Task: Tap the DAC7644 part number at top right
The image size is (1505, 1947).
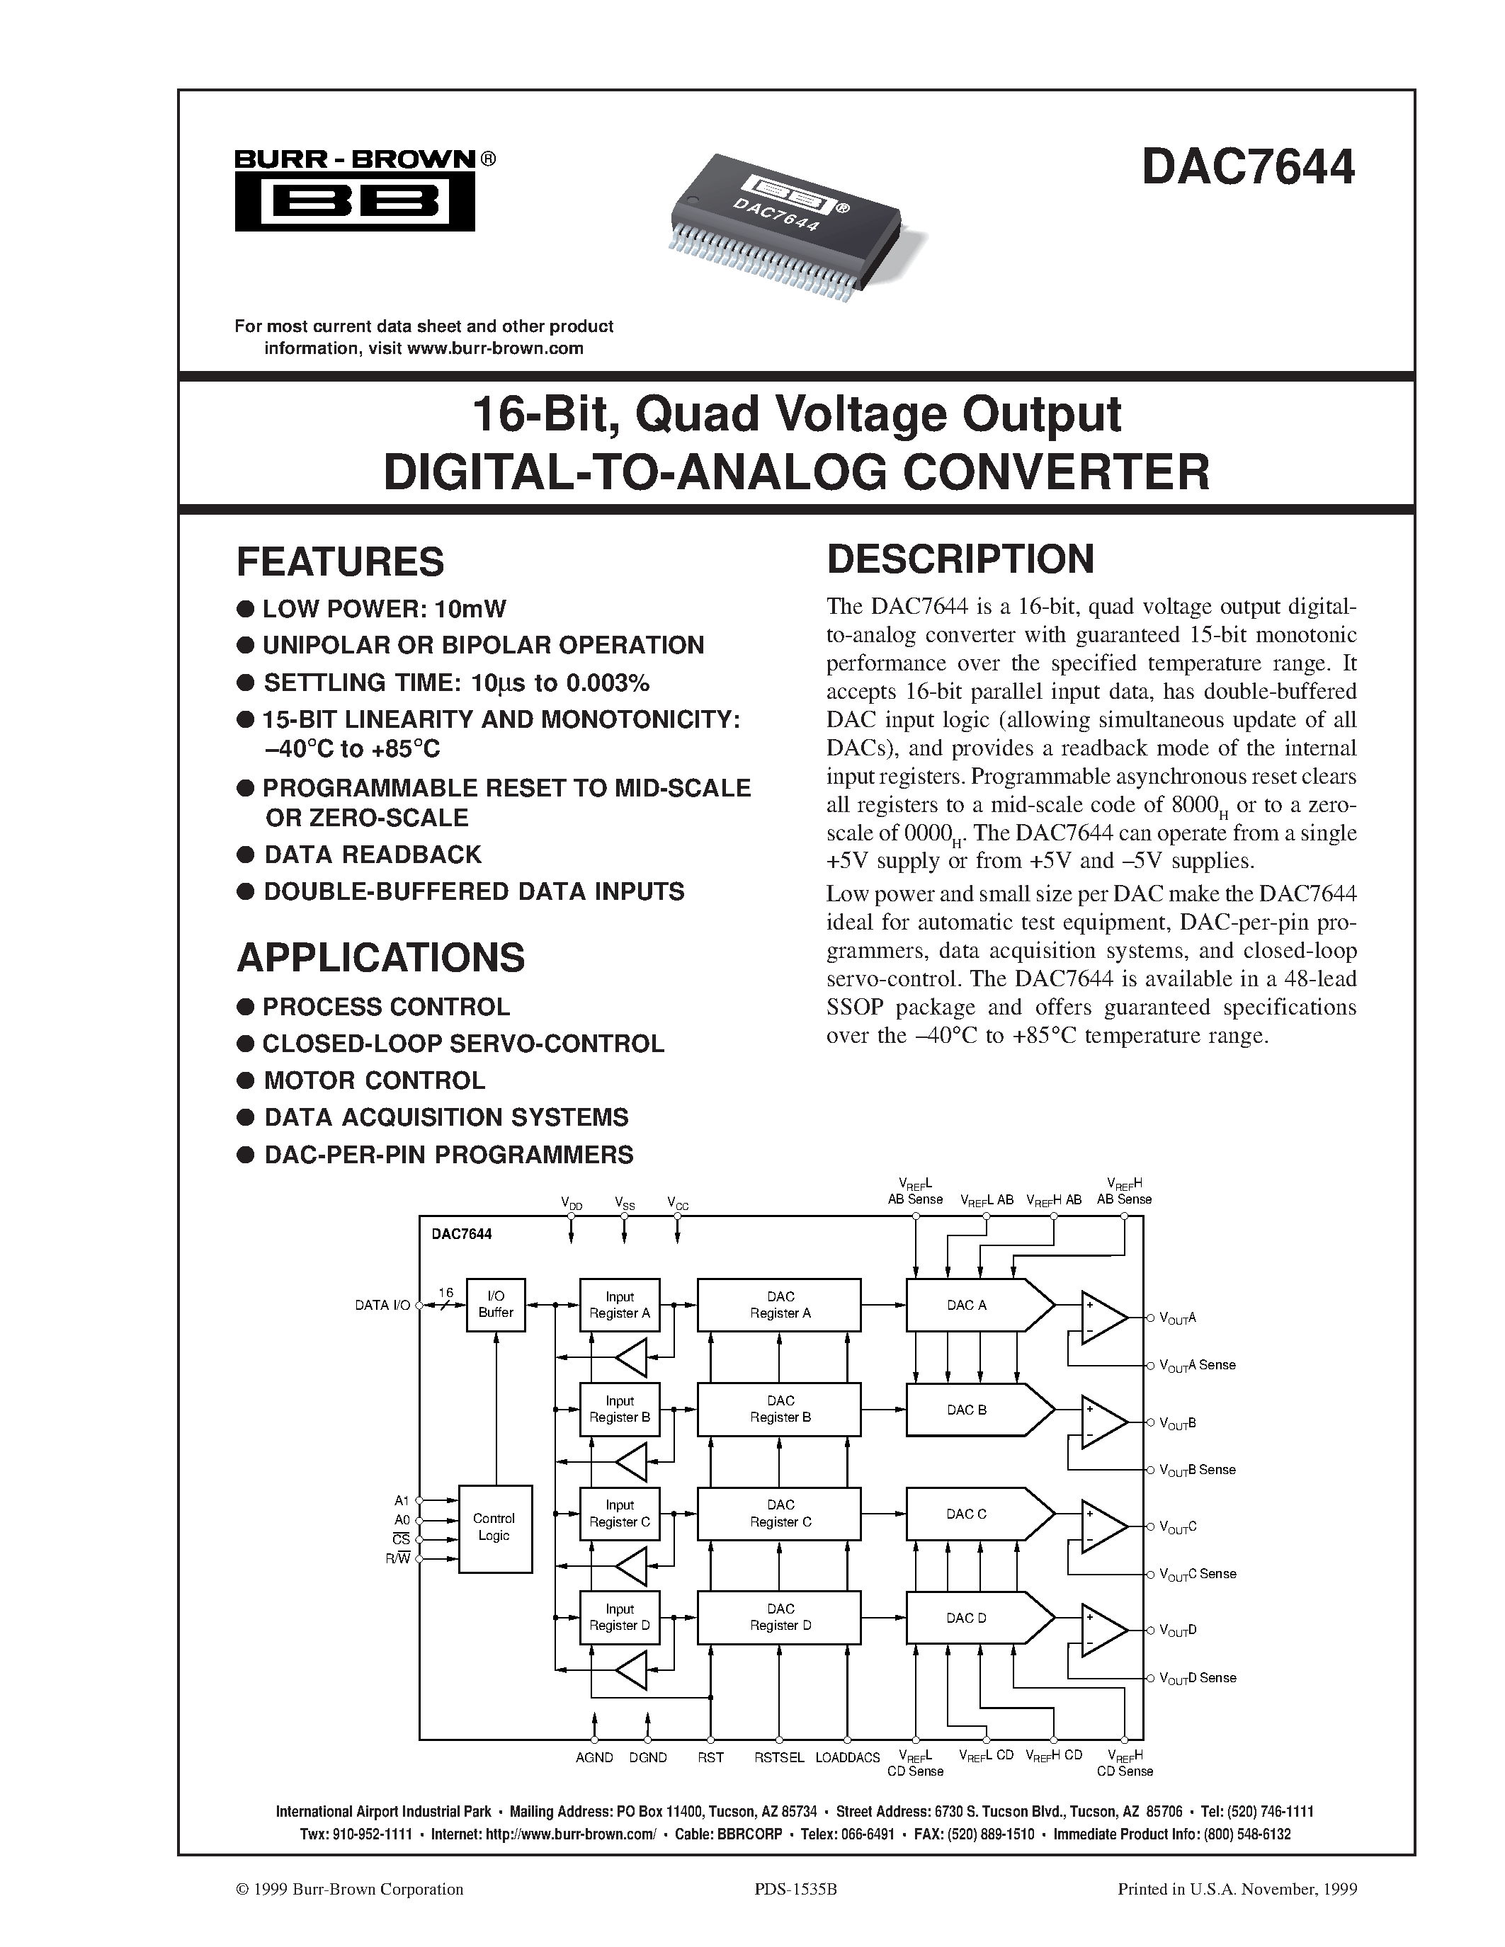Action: (1247, 166)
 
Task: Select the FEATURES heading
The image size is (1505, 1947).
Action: (340, 561)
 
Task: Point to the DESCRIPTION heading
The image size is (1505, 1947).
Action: (960, 559)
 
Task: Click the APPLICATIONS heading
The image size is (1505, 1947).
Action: (381, 957)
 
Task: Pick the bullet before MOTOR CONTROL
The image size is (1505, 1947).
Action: (245, 1081)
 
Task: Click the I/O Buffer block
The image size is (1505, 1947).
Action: (496, 1305)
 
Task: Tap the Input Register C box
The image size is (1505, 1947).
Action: (620, 1514)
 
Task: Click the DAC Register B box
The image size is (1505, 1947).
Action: (779, 1410)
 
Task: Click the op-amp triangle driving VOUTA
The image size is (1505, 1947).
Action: (1103, 1317)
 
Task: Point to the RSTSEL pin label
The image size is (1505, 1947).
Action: (779, 1757)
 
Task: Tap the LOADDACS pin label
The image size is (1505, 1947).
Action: (847, 1757)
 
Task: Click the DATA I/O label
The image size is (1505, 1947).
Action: (382, 1305)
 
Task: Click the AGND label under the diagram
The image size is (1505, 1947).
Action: (594, 1757)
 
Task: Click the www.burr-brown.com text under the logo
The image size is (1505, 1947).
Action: (495, 348)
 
